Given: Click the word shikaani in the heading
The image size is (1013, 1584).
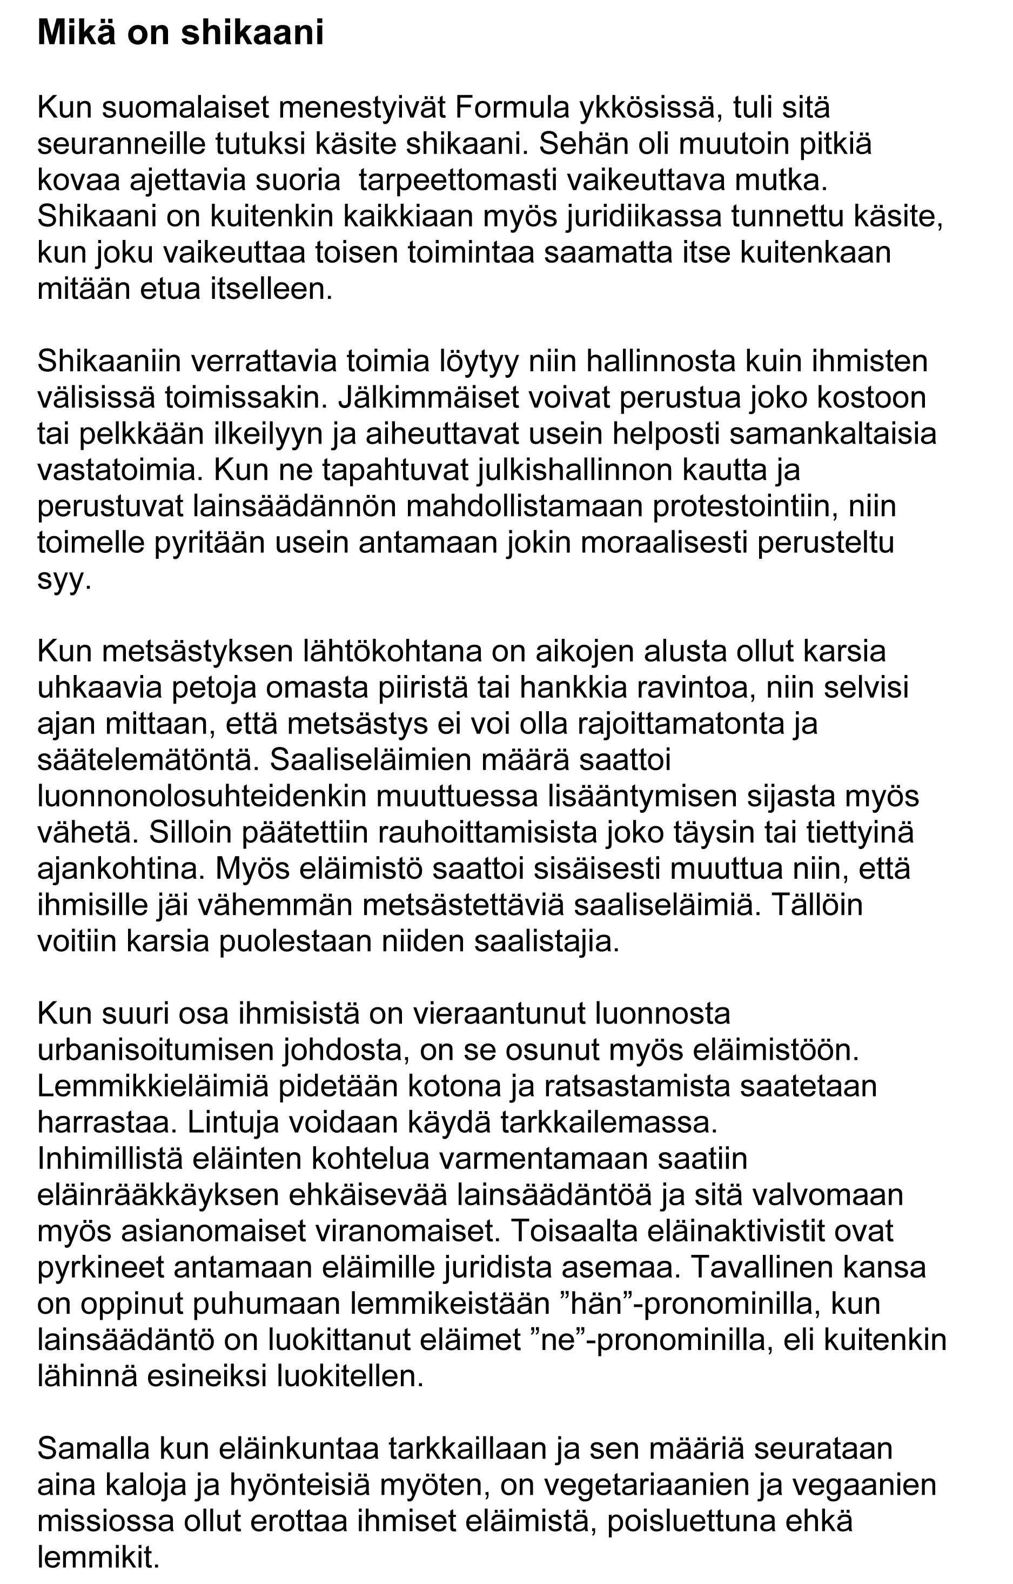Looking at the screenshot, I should [x=252, y=33].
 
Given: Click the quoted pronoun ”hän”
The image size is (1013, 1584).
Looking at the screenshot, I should [x=595, y=1303].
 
